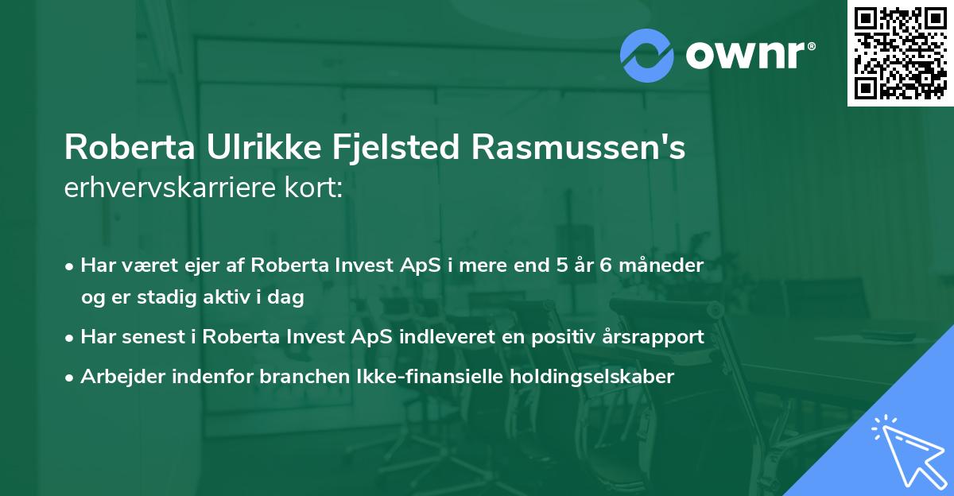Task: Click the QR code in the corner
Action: [900, 53]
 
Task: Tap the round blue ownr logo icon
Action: [646, 55]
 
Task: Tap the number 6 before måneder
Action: [605, 265]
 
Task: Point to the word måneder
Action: [661, 265]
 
